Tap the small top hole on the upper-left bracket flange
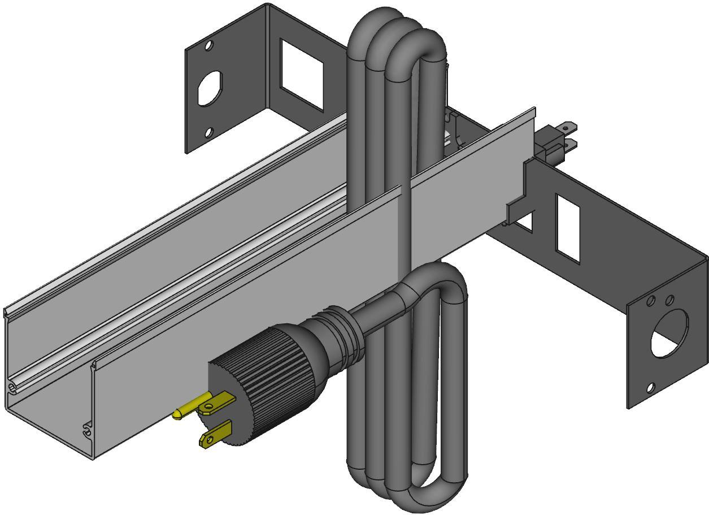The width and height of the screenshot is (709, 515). click(209, 45)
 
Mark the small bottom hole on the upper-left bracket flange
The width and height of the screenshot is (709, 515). click(208, 132)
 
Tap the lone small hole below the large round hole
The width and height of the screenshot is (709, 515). click(651, 388)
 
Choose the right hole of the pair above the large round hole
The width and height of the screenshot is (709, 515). click(669, 299)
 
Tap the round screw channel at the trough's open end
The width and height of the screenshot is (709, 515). click(12, 388)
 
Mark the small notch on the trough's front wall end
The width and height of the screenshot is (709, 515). click(86, 430)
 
